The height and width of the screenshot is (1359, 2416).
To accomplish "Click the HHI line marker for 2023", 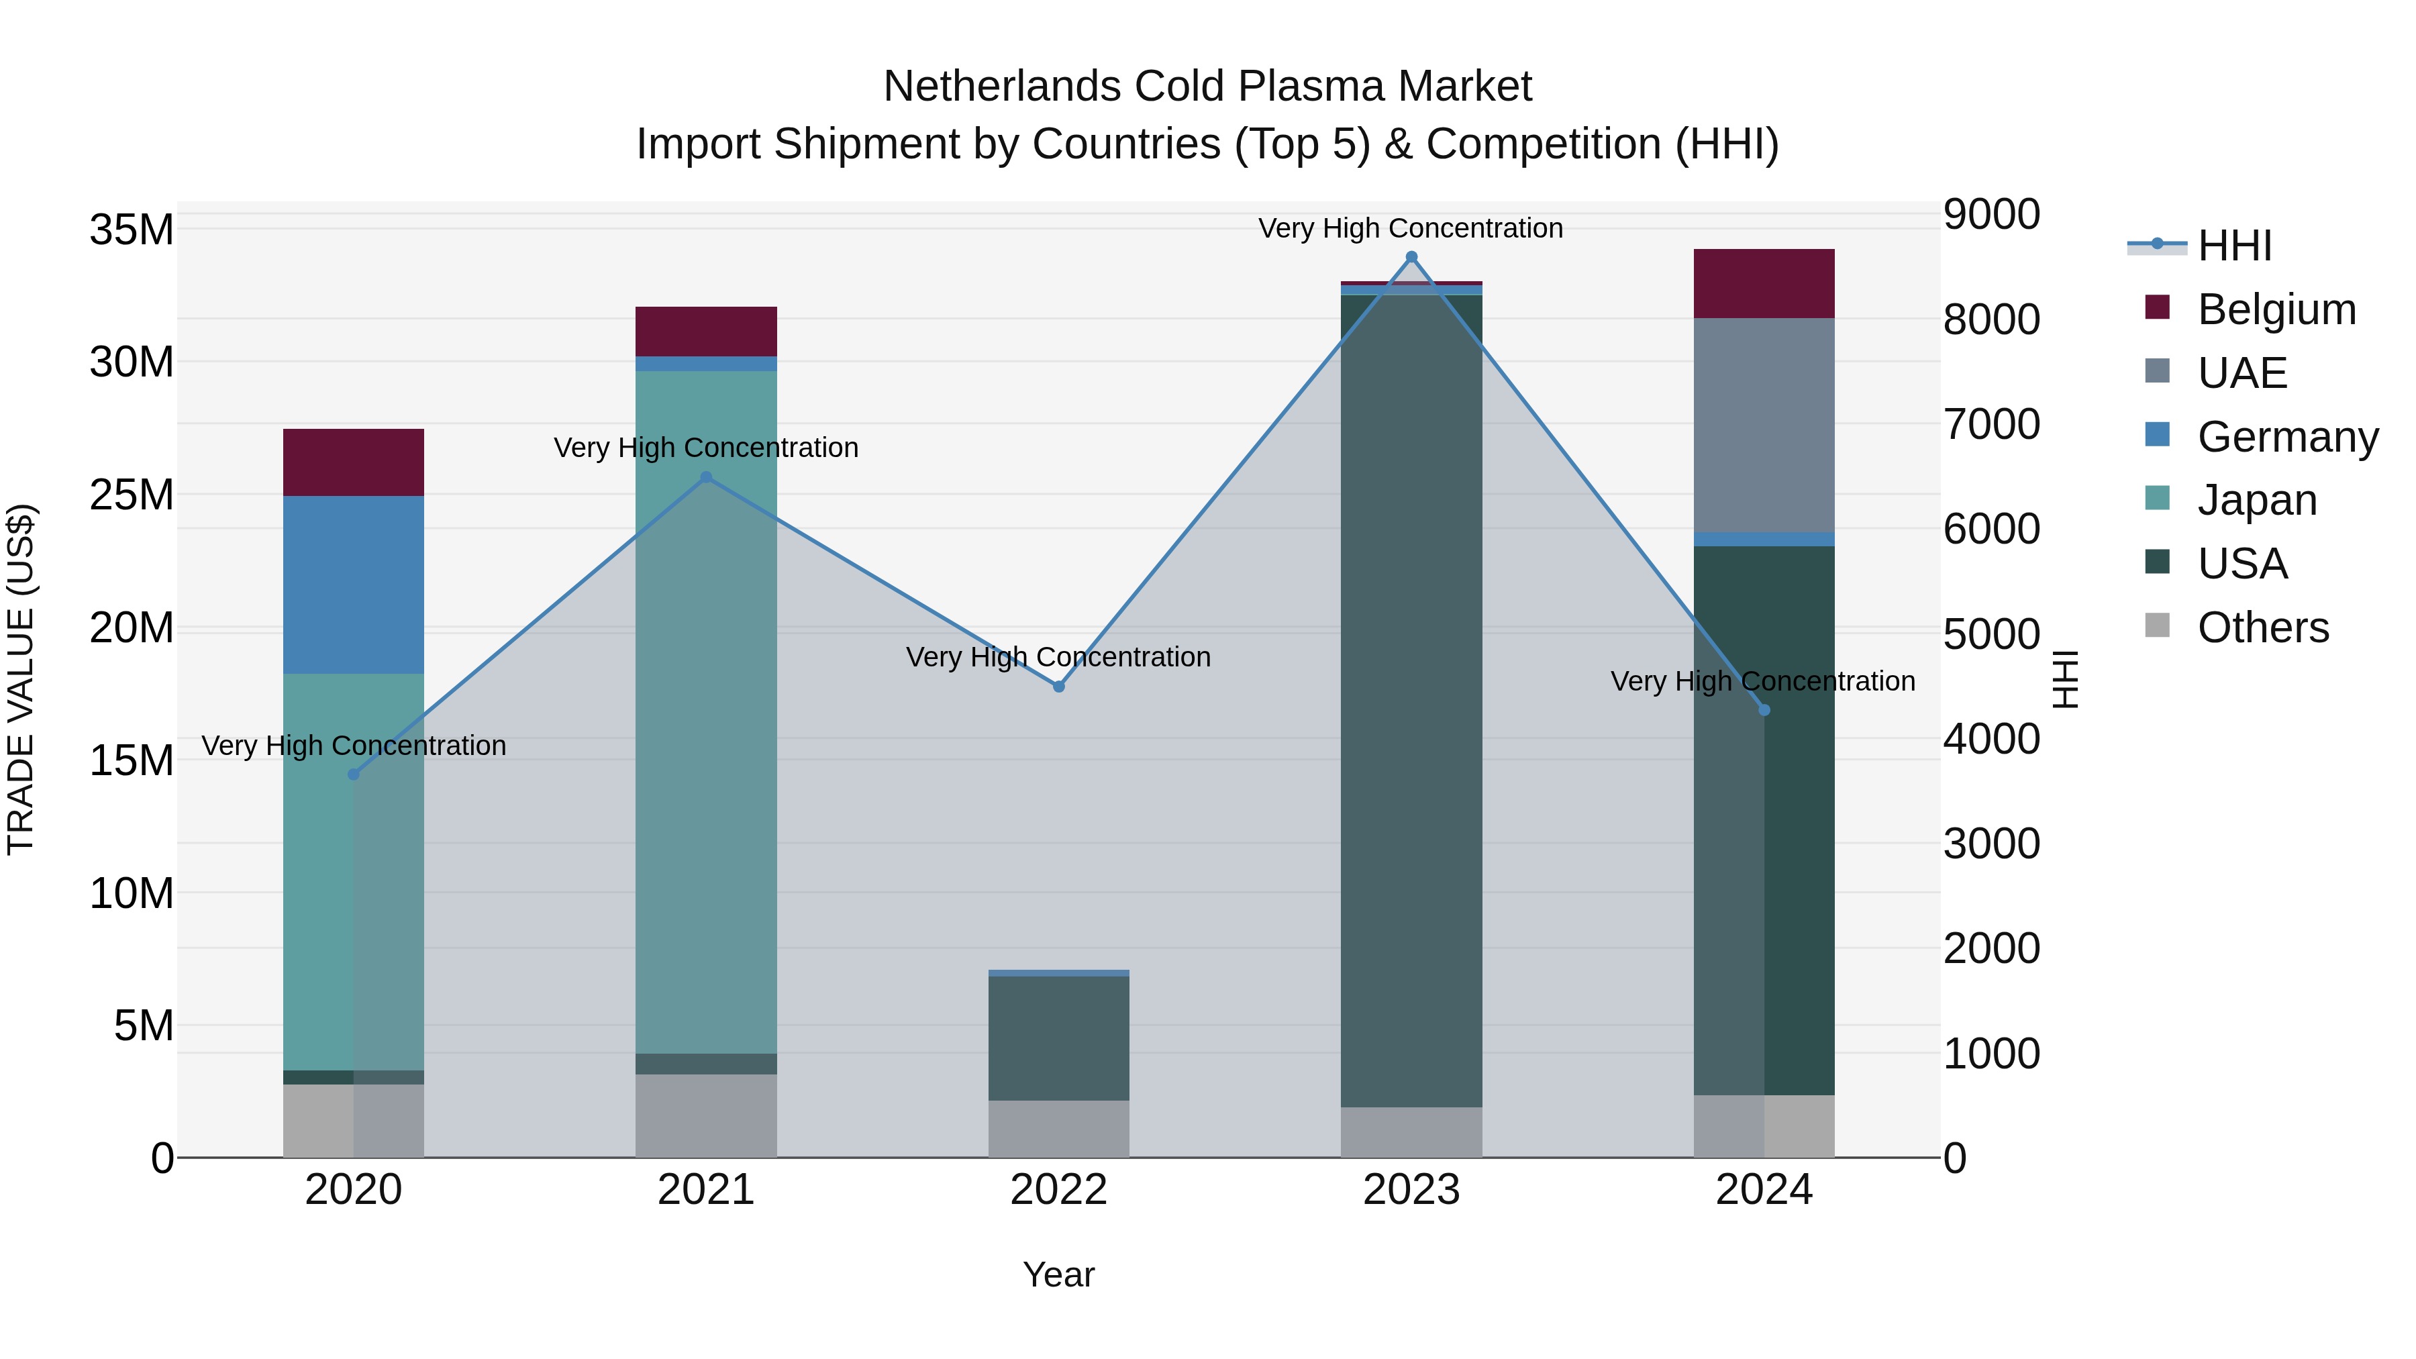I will point(1411,257).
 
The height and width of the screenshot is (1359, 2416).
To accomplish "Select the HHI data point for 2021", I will point(706,477).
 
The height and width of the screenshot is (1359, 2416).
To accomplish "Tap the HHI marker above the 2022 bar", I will point(1059,687).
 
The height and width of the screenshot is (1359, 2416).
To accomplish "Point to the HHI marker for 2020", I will point(354,774).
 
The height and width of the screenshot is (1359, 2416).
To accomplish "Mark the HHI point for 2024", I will point(1764,710).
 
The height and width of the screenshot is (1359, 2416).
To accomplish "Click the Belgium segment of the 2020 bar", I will point(354,462).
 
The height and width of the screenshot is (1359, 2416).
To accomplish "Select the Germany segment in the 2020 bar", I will point(354,585).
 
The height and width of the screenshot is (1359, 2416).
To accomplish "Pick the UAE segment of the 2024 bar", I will point(1764,425).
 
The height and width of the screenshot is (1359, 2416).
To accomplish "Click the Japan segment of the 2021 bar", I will point(706,713).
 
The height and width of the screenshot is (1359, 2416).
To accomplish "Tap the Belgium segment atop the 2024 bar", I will point(1764,283).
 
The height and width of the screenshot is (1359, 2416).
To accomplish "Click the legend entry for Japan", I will point(2256,500).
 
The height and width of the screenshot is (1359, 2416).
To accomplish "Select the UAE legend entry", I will point(2242,372).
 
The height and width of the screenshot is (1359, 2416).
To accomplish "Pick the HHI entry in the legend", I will point(2234,246).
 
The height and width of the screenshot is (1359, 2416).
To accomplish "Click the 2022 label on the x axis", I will point(1059,1190).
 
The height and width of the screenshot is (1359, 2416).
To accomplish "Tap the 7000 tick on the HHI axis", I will point(1991,424).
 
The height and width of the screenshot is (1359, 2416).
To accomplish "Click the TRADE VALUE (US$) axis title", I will point(21,679).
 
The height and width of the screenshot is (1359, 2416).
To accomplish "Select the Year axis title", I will point(1059,1274).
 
